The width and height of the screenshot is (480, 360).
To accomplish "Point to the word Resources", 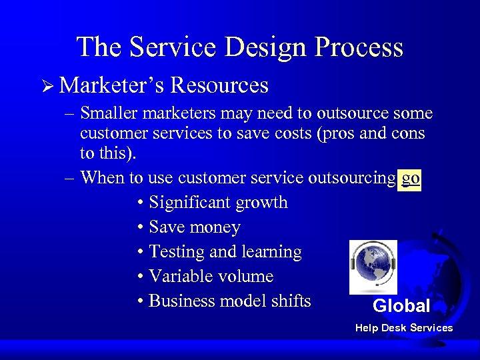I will (x=219, y=85).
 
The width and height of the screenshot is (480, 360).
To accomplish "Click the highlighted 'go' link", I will (x=410, y=178).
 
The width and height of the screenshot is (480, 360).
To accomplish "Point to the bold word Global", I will (x=401, y=307).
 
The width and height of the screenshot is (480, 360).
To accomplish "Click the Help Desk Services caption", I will (x=404, y=328).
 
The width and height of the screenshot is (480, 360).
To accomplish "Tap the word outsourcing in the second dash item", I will (x=351, y=178).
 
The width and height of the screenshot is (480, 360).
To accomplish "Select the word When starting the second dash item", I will (x=101, y=178).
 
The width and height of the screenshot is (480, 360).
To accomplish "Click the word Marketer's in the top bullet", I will (x=111, y=85).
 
